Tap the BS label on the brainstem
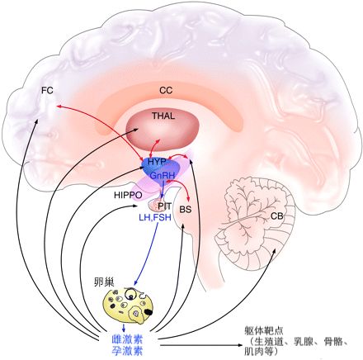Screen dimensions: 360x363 tap(186, 211)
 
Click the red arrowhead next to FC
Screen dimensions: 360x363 tap(59, 107)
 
